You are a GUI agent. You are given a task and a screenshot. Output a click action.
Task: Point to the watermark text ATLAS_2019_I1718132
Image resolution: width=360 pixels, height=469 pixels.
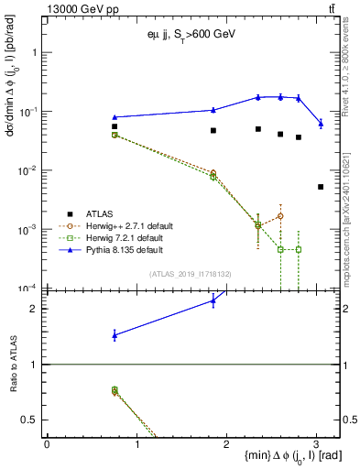[x=191, y=274]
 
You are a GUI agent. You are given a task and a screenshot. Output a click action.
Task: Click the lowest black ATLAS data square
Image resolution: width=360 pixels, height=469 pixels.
[x=321, y=187]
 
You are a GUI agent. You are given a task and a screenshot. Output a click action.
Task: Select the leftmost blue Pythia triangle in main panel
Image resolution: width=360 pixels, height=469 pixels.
[x=115, y=117]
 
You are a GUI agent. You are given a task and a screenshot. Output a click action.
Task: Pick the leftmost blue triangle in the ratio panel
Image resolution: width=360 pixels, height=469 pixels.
[x=115, y=336]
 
